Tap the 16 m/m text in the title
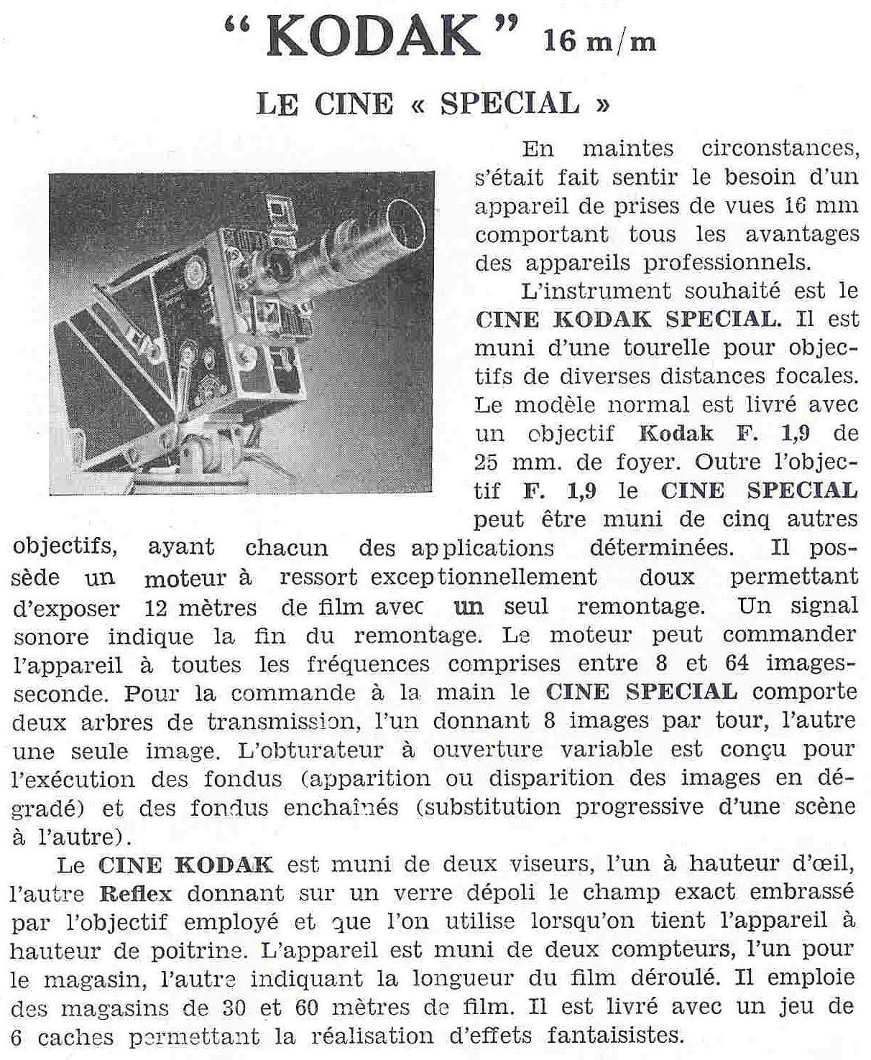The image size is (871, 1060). [x=600, y=42]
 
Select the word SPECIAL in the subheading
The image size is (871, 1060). [x=509, y=104]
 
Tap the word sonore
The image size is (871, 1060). [x=51, y=636]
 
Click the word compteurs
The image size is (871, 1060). [x=668, y=949]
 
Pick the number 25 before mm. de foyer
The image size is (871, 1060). [x=491, y=462]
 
